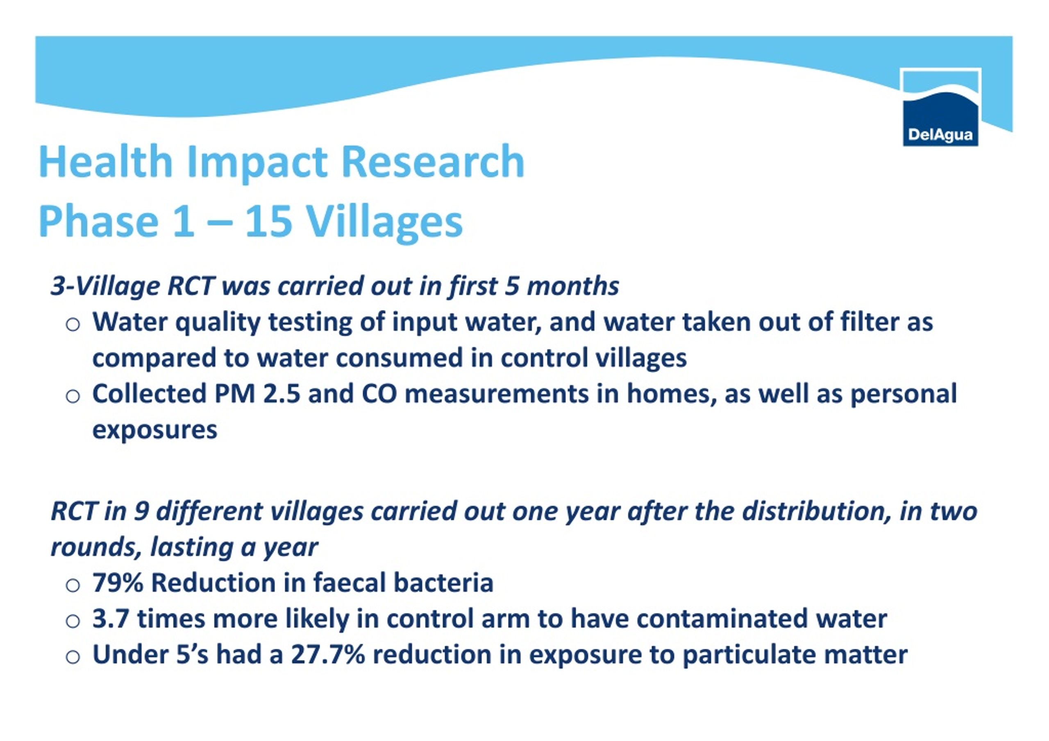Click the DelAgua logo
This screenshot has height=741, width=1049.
pos(940,107)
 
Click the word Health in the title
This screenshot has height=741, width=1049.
pos(106,162)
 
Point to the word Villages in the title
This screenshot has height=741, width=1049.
pos(384,223)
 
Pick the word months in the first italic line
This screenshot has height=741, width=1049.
pos(573,287)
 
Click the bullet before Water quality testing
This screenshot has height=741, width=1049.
pos(73,325)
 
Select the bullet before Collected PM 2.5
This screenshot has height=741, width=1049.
pos(73,396)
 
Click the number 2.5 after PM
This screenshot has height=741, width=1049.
pos(282,394)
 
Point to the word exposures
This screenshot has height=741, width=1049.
pos(155,431)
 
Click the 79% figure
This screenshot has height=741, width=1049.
pos(118,583)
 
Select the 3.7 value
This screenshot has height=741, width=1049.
pos(111,619)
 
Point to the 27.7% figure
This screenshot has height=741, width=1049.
pos(328,655)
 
